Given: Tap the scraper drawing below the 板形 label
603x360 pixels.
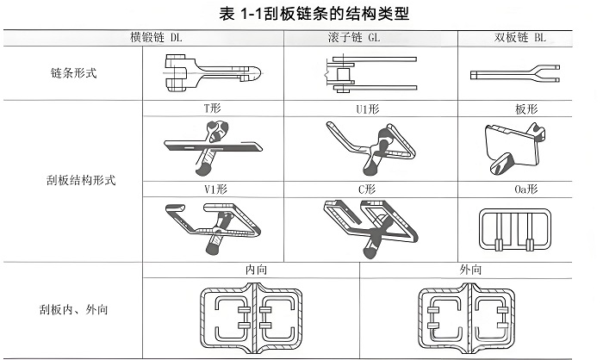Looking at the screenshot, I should click(515, 146).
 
